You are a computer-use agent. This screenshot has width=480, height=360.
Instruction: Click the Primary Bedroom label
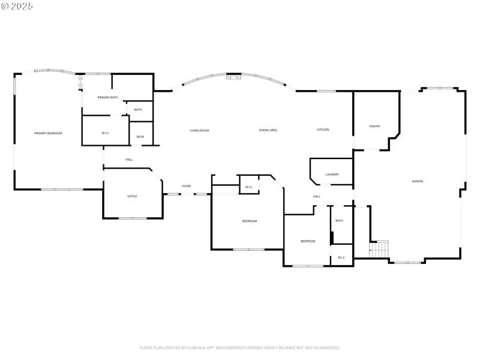48,133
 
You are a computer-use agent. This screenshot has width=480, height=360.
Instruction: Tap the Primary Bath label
108,97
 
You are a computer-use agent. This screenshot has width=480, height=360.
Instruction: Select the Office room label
132,196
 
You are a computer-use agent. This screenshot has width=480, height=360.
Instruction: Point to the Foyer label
187,187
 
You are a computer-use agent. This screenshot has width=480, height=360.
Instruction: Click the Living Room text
199,130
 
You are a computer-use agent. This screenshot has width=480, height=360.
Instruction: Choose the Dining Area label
268,130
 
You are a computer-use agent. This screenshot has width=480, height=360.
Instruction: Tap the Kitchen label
323,130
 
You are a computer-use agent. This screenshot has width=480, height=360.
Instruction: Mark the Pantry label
375,127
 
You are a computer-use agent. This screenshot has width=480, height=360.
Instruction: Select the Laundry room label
332,175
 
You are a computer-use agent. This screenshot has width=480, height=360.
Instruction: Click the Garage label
418,181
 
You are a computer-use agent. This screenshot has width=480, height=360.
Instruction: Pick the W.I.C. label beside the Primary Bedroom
105,133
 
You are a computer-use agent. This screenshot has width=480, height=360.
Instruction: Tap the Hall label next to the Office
129,160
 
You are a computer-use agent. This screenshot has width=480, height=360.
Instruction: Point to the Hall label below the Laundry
317,196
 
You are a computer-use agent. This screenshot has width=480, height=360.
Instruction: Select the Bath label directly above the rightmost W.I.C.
339,221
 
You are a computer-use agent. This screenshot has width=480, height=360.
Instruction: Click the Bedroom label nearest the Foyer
250,221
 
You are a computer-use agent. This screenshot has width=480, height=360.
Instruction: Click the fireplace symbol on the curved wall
233,76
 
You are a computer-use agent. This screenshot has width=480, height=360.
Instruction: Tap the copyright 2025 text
17,6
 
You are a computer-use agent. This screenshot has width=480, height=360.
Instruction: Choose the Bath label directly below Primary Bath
138,110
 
